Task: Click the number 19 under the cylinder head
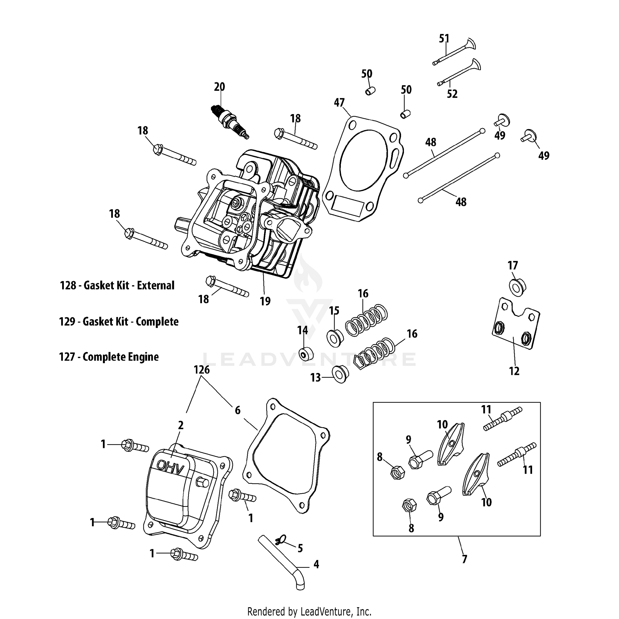(x=265, y=301)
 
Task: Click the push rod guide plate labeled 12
(x=516, y=324)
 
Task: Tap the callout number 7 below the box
(x=464, y=559)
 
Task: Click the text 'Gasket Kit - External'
(x=129, y=285)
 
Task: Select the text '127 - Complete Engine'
(x=109, y=357)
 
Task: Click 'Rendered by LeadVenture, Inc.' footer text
(x=309, y=611)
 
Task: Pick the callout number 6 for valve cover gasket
(x=237, y=410)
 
